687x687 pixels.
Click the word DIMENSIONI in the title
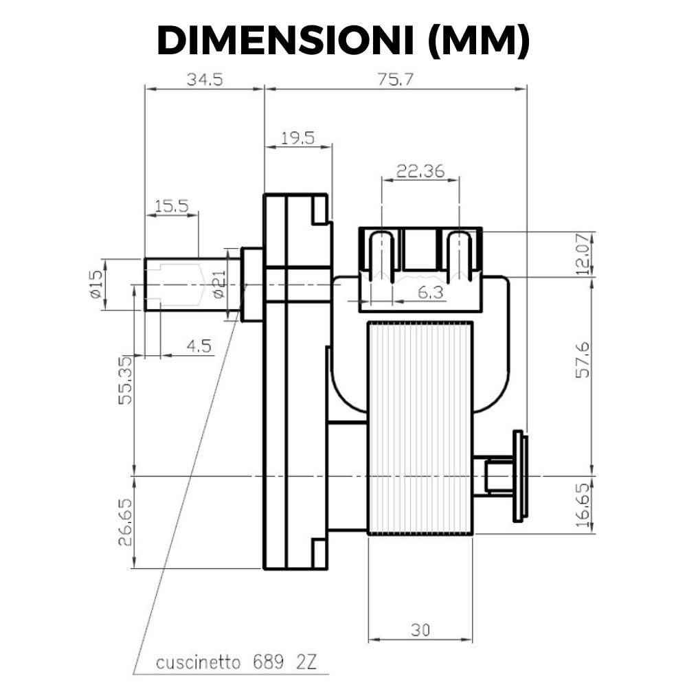pos(285,41)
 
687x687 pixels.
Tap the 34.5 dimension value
pos(205,80)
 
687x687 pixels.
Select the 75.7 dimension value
pos(395,80)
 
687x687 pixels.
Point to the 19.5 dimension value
pos(298,138)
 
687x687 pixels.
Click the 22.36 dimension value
pos(420,171)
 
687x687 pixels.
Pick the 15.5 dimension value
pos(172,205)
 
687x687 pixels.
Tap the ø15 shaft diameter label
pos(96,284)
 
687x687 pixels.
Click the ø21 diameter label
pos(220,284)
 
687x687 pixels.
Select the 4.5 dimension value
pos(199,346)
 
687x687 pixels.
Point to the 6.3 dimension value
pos(431,292)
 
